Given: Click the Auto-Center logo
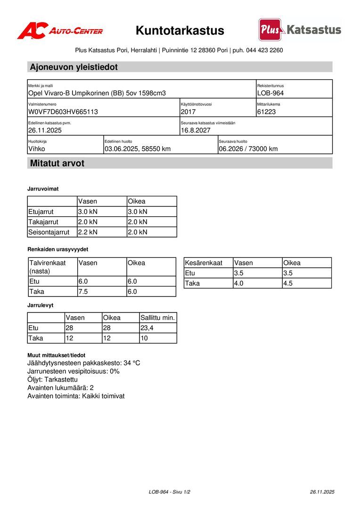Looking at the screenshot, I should pos(60,31).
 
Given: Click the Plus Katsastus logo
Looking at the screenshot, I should pos(300,30).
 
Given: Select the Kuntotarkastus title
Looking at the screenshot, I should pos(180,31).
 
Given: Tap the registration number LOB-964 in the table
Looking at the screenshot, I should pos(270,93).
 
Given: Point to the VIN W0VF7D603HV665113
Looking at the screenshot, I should pos(63,112).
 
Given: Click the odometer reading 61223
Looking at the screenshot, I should pos(267,112).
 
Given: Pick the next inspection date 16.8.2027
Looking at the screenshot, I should pos(196,131).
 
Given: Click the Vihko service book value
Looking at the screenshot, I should pos(37,149).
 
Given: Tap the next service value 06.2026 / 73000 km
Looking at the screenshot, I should pos(248,149).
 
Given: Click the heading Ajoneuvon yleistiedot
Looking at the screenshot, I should pos(74,67).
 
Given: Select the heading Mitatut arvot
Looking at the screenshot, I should pos(57,164).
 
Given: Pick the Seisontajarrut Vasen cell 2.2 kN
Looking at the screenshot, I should pos(88,232).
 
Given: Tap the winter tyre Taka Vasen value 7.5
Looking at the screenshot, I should pos(83,292).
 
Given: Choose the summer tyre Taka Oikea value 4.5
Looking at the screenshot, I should pos(287,283).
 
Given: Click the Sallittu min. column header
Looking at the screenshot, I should pos(158,318).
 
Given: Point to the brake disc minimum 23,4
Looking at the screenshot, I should pos(147,328).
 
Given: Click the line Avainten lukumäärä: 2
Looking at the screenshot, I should pos(60,387).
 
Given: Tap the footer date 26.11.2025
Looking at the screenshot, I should pos(322,492).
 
